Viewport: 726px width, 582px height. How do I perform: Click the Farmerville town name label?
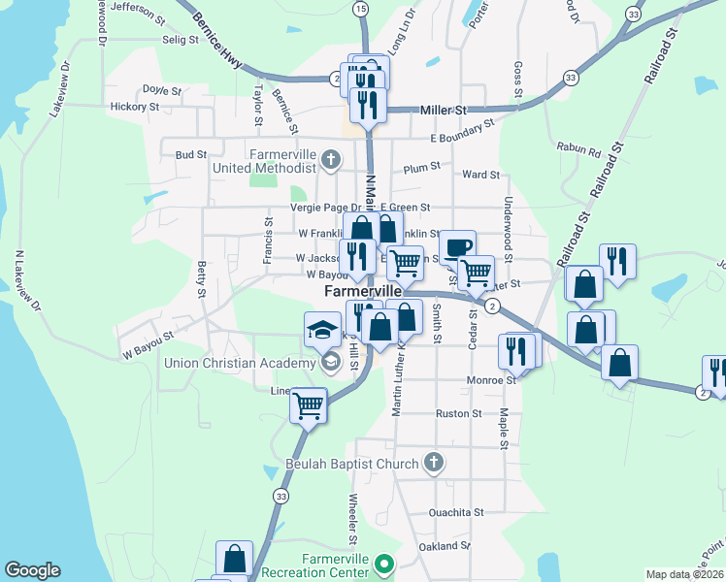(362, 291)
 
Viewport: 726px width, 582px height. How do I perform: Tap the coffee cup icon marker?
(457, 247)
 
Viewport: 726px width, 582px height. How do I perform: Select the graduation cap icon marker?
(322, 331)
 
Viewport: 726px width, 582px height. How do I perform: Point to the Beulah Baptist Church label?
(351, 464)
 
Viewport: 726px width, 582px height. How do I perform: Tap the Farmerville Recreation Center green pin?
(384, 563)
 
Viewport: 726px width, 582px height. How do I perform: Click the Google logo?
(33, 570)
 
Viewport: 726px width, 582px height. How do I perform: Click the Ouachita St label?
(455, 511)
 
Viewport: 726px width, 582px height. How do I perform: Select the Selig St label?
(180, 40)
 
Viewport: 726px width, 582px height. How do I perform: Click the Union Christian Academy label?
(240, 364)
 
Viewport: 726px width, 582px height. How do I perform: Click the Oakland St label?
(444, 546)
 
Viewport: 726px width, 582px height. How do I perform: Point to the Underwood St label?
(508, 221)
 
